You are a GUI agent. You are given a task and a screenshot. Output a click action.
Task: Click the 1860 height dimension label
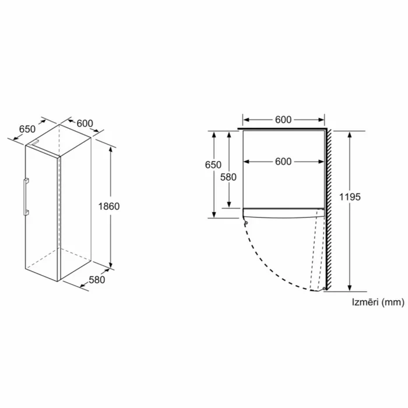(x=109, y=206)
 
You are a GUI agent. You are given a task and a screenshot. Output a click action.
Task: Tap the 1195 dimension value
(x=350, y=197)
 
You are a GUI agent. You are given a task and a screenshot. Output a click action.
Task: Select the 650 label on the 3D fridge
(x=27, y=129)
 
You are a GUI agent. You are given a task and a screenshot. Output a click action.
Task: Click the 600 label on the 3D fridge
(x=85, y=123)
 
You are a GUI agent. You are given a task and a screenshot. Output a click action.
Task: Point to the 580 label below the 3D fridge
(x=97, y=280)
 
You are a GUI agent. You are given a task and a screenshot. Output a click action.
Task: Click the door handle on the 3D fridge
(x=26, y=197)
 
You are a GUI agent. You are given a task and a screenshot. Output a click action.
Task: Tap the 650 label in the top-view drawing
(x=213, y=165)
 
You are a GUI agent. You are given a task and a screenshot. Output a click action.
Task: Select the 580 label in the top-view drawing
(x=228, y=177)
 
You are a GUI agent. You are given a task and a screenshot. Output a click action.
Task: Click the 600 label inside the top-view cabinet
(x=283, y=161)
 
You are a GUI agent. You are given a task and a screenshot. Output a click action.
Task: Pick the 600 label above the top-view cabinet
(x=283, y=119)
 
